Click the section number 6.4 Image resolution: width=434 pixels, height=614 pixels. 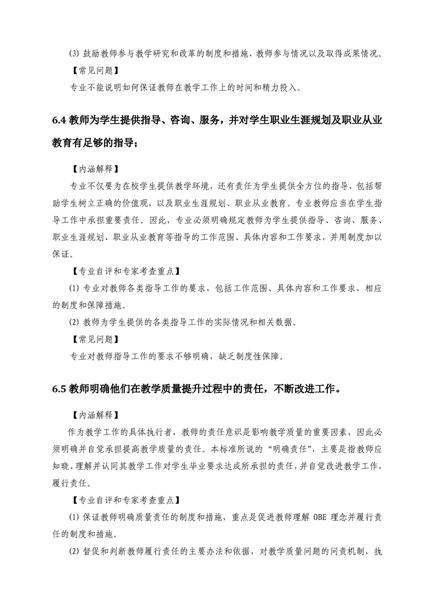[x=58, y=121]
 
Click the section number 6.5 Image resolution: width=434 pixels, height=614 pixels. [x=58, y=389]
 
